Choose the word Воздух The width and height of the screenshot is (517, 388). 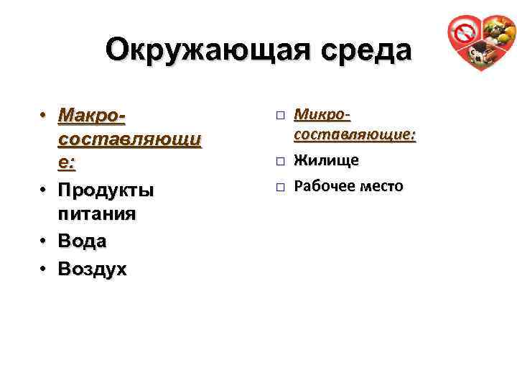coord(93,269)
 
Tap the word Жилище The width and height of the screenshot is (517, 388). coord(327,160)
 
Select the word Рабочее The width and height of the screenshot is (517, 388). coord(327,186)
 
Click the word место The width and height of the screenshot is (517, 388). coord(383,186)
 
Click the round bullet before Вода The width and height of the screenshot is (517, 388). coord(44,241)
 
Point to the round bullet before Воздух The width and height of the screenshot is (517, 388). coord(44,269)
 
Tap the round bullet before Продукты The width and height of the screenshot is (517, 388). coord(44,190)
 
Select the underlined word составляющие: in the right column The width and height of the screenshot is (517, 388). coord(355,134)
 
